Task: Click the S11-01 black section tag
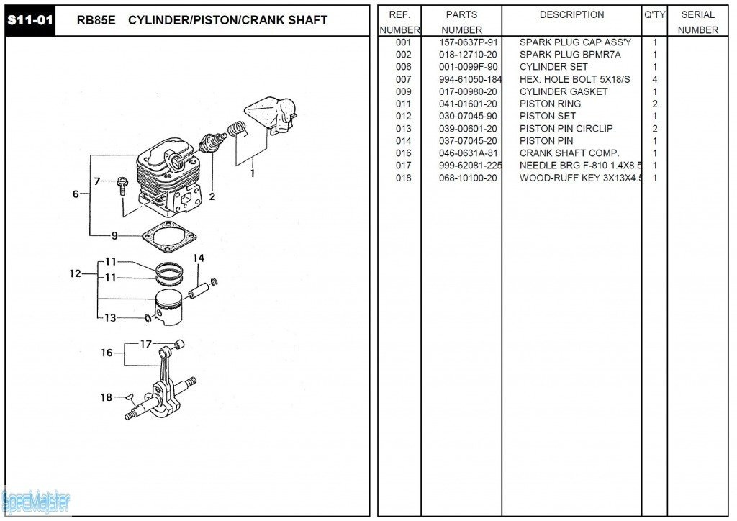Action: coord(30,20)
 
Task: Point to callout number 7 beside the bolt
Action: coord(96,181)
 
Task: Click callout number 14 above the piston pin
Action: coord(198,258)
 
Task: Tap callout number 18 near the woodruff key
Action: coord(107,397)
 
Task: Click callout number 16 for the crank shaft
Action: coord(107,353)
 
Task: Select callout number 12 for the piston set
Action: coord(75,273)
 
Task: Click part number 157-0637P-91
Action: coord(468,42)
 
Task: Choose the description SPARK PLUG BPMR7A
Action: coord(570,55)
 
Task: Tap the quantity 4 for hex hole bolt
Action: coord(654,79)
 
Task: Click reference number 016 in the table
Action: coord(403,153)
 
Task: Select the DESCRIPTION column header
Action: coord(571,14)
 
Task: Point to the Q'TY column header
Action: coord(654,14)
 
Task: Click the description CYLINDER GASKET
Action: coord(564,91)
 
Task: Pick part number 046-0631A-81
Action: coord(468,153)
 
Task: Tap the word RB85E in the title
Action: coord(96,20)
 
